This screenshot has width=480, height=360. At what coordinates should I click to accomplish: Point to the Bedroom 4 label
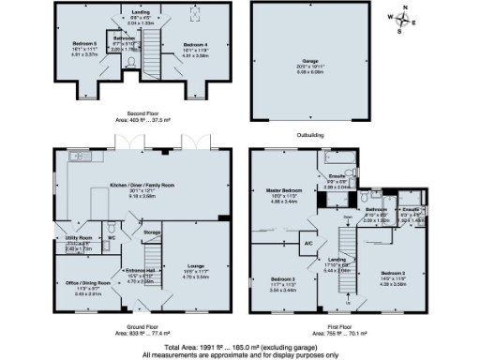click(197, 43)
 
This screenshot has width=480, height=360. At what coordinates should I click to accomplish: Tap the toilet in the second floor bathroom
click(132, 63)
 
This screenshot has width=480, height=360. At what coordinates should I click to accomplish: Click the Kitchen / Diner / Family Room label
click(143, 185)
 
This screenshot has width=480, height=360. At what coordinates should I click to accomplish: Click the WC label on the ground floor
click(112, 237)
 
